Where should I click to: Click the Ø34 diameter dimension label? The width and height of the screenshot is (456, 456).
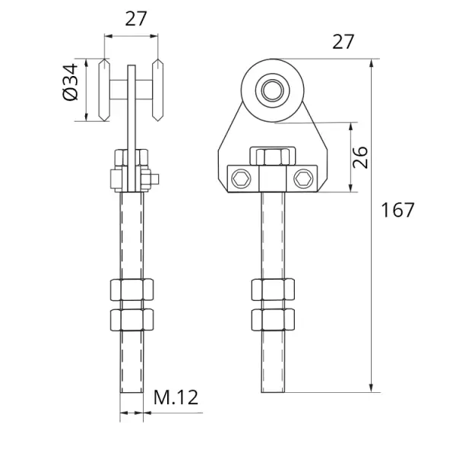(x=71, y=82)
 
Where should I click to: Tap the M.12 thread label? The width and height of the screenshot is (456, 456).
(x=176, y=397)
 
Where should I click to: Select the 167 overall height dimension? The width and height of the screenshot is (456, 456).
(x=397, y=210)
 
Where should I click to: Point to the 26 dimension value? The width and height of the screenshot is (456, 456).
(x=360, y=157)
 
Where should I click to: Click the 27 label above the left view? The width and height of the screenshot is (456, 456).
(x=136, y=18)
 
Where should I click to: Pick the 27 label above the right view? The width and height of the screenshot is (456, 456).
(x=344, y=41)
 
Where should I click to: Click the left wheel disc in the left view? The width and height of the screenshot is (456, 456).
(x=104, y=90)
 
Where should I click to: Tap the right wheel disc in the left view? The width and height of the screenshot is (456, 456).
(x=157, y=90)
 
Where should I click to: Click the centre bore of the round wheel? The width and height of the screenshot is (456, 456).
(x=273, y=90)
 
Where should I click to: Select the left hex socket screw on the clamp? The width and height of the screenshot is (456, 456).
(x=242, y=179)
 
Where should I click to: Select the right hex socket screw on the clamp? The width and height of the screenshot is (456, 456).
(x=304, y=179)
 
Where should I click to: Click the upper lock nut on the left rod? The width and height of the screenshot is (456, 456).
(x=131, y=290)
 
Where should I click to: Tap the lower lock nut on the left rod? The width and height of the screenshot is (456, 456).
(x=131, y=320)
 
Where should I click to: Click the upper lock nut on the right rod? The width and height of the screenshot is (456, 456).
(x=273, y=290)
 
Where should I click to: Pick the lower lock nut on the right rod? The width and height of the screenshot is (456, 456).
(x=273, y=320)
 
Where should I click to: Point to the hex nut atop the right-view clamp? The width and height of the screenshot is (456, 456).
(x=273, y=157)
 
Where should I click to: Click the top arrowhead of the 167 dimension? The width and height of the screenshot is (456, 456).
(x=371, y=64)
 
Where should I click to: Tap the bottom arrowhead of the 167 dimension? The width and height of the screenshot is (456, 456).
(x=371, y=388)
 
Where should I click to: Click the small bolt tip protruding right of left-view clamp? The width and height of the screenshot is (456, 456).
(x=155, y=179)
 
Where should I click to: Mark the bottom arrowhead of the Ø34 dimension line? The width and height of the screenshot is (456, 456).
(x=87, y=116)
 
